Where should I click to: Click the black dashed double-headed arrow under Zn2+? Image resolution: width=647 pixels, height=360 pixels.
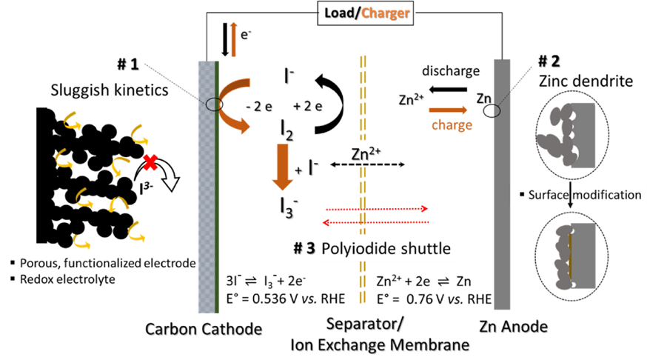366,163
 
